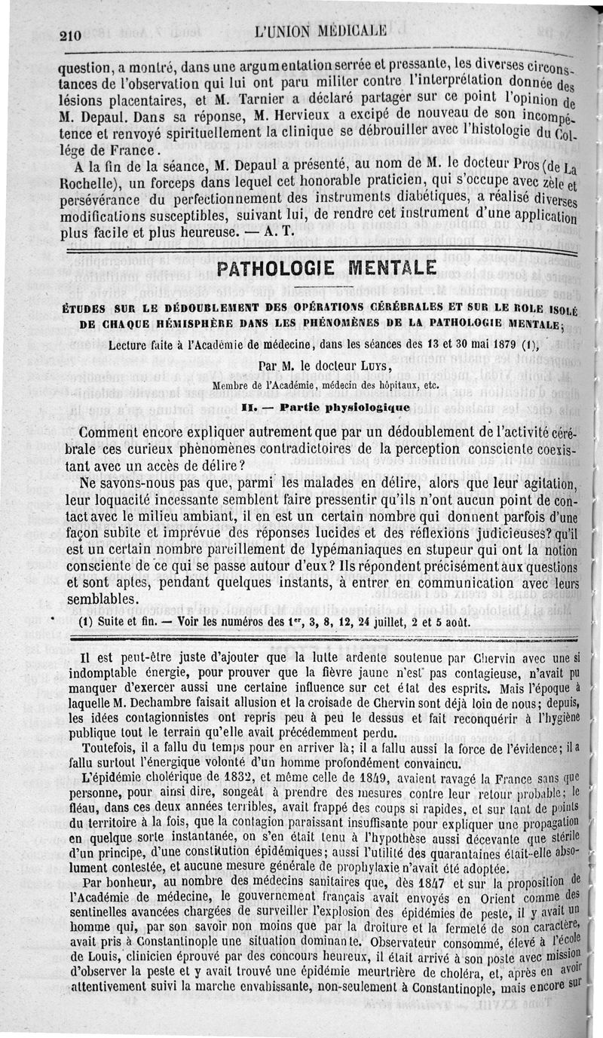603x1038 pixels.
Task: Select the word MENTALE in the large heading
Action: pos(394,268)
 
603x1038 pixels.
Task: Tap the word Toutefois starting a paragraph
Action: pos(116,745)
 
